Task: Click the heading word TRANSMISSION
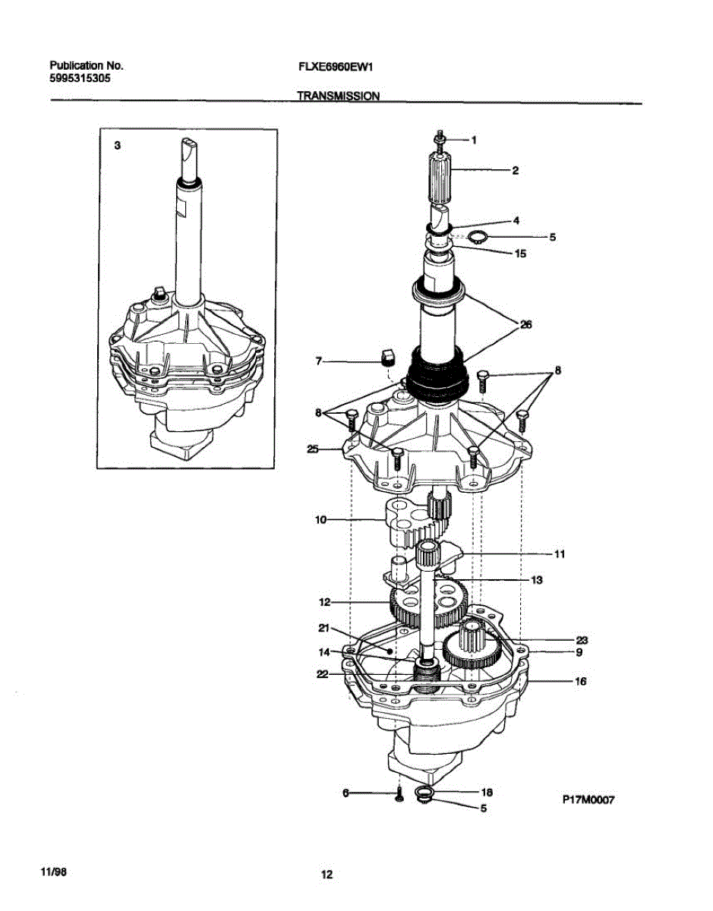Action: (x=337, y=96)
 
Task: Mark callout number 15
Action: (x=520, y=254)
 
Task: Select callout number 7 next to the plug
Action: (x=320, y=363)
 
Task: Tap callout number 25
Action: (x=311, y=449)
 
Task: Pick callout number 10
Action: (x=320, y=520)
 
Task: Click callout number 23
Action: (x=582, y=640)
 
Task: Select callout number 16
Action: (x=580, y=682)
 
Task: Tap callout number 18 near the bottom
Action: (x=487, y=791)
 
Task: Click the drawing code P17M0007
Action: (x=587, y=799)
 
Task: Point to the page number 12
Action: (x=327, y=875)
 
